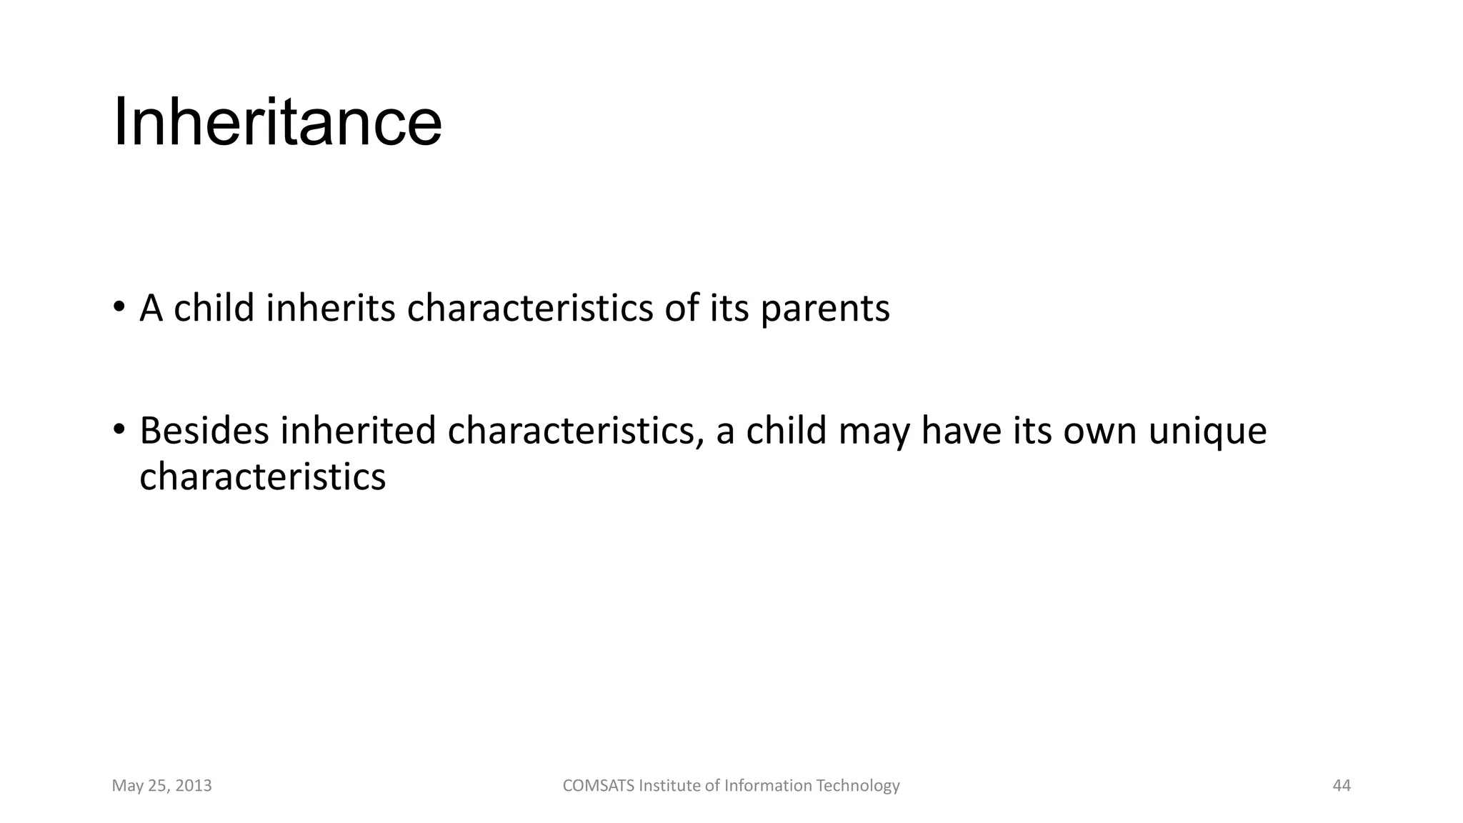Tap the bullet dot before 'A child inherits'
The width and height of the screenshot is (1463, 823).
click(119, 308)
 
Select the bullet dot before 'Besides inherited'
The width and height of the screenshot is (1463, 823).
click(119, 430)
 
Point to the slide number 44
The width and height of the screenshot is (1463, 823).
click(1342, 786)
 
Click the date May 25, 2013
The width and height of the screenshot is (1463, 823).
click(162, 786)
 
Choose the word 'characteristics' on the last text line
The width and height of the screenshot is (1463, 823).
click(262, 477)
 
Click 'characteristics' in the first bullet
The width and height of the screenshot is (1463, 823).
click(529, 309)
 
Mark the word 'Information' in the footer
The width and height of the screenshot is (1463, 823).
click(768, 786)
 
